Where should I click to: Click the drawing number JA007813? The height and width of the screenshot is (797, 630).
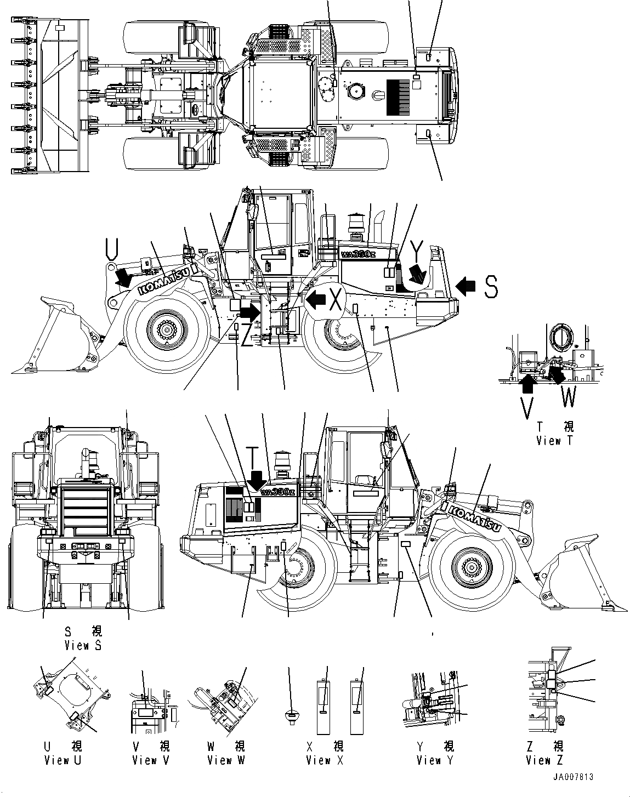(x=572, y=777)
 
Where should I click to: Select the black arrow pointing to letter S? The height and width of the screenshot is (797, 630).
(x=467, y=285)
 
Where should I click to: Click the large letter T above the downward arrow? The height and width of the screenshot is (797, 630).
(x=252, y=456)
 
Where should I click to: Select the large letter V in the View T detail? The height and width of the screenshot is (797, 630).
(x=527, y=406)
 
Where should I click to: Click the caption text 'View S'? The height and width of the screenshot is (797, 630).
(x=83, y=645)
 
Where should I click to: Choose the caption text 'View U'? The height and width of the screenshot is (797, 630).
(x=64, y=760)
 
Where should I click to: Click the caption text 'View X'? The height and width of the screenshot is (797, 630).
(x=325, y=760)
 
